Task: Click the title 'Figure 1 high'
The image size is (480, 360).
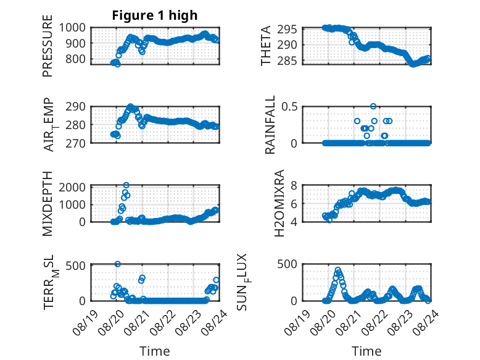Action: click(x=155, y=15)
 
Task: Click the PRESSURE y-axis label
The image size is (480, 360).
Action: click(x=48, y=46)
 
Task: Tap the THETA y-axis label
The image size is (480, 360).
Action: click(x=266, y=46)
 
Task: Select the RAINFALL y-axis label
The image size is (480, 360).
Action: click(x=270, y=125)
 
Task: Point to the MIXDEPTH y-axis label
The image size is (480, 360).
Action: click(x=48, y=204)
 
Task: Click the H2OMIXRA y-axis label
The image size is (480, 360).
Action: click(x=279, y=203)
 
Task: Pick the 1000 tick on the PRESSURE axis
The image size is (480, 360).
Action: click(x=72, y=28)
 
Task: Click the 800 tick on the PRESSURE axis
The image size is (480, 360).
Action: click(x=76, y=59)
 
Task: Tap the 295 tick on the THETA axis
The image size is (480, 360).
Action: click(x=287, y=30)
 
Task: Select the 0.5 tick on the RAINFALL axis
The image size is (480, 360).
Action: click(x=289, y=107)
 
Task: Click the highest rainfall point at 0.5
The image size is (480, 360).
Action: click(x=373, y=106)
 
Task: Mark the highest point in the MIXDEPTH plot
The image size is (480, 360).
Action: click(x=126, y=185)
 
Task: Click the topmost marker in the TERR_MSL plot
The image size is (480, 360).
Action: click(x=118, y=264)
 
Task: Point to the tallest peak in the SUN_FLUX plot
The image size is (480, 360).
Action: click(x=338, y=270)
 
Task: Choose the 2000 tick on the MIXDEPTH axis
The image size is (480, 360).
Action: click(x=72, y=187)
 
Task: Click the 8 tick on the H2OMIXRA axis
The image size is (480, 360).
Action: click(x=294, y=185)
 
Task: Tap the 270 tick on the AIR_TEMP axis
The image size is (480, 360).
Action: click(x=76, y=143)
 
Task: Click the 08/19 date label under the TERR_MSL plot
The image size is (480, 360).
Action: click(x=86, y=322)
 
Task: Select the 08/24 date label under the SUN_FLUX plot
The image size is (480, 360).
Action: click(x=426, y=322)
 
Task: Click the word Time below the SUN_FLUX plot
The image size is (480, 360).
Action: click(x=366, y=351)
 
